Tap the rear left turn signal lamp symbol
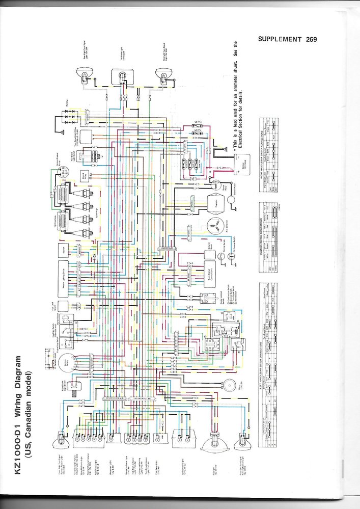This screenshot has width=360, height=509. [x=161, y=75]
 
